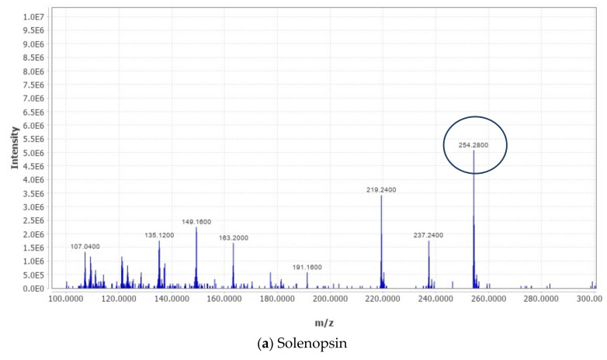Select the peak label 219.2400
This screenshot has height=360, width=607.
(381, 189)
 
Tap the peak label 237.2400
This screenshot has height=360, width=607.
(428, 234)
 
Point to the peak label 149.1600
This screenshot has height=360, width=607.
(196, 221)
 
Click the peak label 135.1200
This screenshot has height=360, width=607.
(159, 234)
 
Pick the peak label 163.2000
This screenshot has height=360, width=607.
(234, 238)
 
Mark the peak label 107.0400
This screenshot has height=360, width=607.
(85, 247)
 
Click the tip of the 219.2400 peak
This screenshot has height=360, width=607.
(381, 196)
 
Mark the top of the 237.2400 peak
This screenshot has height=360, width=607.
(428, 241)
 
